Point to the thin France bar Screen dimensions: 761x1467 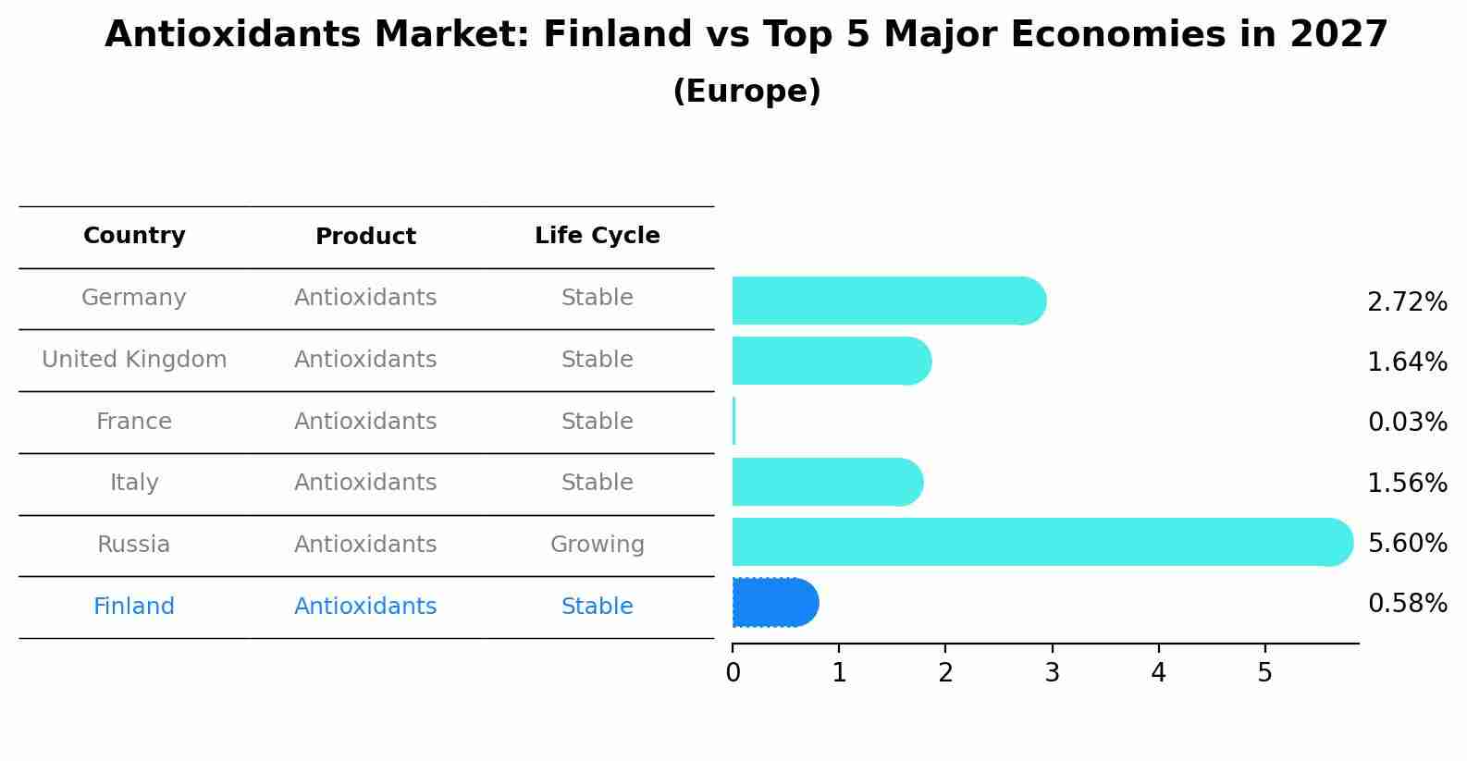coord(734,422)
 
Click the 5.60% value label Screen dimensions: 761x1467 coord(1407,543)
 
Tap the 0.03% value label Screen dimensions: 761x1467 coord(1407,423)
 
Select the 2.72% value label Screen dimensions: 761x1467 coord(1407,302)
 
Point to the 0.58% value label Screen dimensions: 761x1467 coord(1407,604)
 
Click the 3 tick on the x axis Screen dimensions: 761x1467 coord(1052,673)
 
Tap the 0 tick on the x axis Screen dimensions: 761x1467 coord(733,673)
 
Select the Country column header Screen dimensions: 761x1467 coord(134,236)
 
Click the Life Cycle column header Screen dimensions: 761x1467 coord(597,236)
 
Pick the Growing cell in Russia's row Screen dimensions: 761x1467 coord(597,545)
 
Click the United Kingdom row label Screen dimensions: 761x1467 coord(134,360)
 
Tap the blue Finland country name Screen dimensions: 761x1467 coord(134,607)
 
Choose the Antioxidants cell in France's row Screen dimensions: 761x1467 coord(365,422)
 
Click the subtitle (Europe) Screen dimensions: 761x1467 coord(746,92)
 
